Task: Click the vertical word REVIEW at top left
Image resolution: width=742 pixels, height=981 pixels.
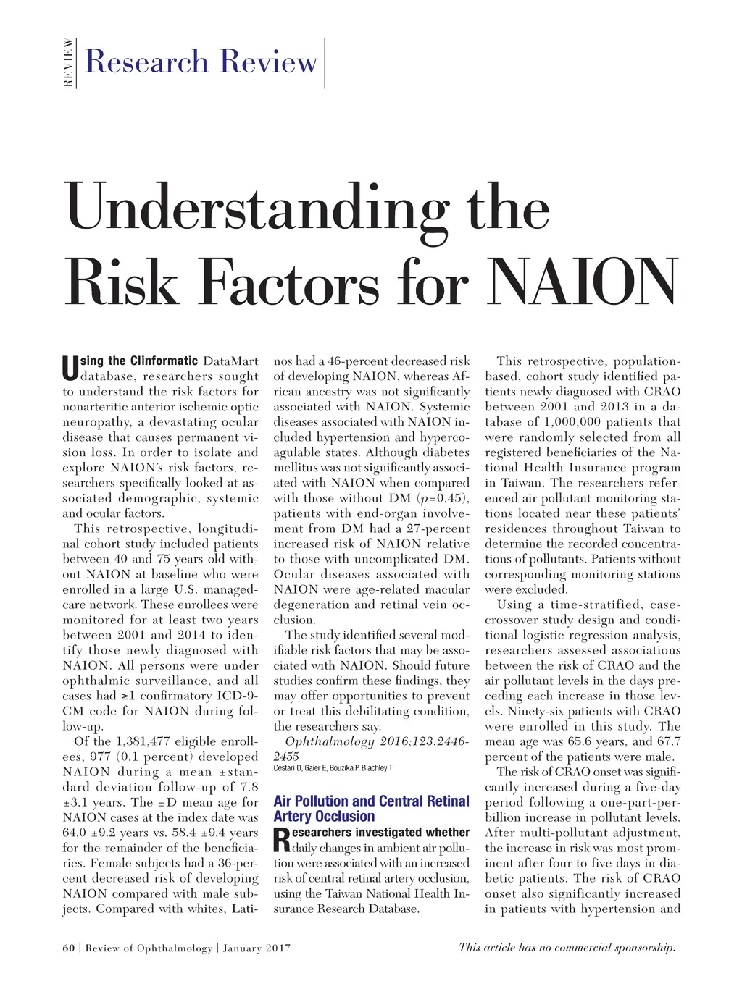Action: pos(68,63)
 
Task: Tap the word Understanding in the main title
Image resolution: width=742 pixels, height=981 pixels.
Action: pos(257,209)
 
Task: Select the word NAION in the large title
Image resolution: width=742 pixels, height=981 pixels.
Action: pos(583,282)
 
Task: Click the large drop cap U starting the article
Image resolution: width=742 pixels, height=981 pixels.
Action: pos(70,369)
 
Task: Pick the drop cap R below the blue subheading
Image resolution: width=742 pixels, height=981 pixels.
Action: pos(282,841)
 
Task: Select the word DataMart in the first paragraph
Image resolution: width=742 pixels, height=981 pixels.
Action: pos(230,361)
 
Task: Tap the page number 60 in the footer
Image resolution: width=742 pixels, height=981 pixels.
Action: pos(68,948)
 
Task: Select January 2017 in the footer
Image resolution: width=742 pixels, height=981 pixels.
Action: pos(257,948)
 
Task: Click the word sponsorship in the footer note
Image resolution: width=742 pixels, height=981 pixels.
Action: pos(643,947)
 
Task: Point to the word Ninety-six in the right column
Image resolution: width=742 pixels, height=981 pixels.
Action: pos(517,710)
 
